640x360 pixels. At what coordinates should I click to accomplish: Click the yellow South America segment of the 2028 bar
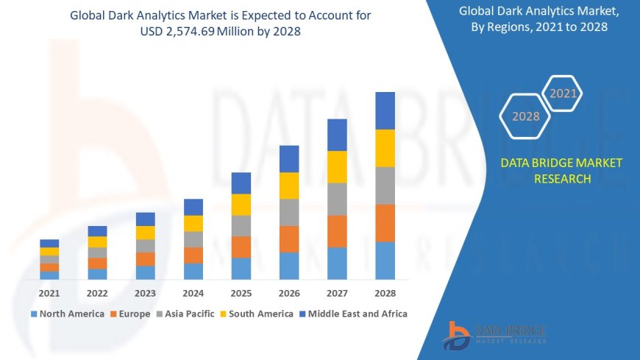coord(385,148)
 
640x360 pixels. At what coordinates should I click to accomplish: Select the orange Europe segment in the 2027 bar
coord(337,231)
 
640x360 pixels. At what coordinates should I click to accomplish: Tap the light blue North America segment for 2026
coord(289,266)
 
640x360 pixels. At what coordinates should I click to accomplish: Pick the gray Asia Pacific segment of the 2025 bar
coord(241,225)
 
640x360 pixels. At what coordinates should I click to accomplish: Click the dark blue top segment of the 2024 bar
coord(193,207)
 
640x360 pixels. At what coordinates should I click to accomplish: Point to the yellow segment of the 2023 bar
coord(146,233)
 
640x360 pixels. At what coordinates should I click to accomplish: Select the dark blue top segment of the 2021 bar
coord(49,243)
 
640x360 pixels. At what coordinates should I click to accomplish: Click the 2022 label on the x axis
coord(97,293)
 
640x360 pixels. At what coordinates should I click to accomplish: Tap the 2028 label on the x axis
coord(385,293)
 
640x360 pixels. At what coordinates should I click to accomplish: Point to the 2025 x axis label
coord(241,293)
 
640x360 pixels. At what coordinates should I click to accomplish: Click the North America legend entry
coord(67,314)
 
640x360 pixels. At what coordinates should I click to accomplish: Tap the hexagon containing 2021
coord(563,93)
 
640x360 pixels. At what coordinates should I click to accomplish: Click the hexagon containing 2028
coord(526,116)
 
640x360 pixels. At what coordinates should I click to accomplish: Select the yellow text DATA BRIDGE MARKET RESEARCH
coord(561,170)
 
